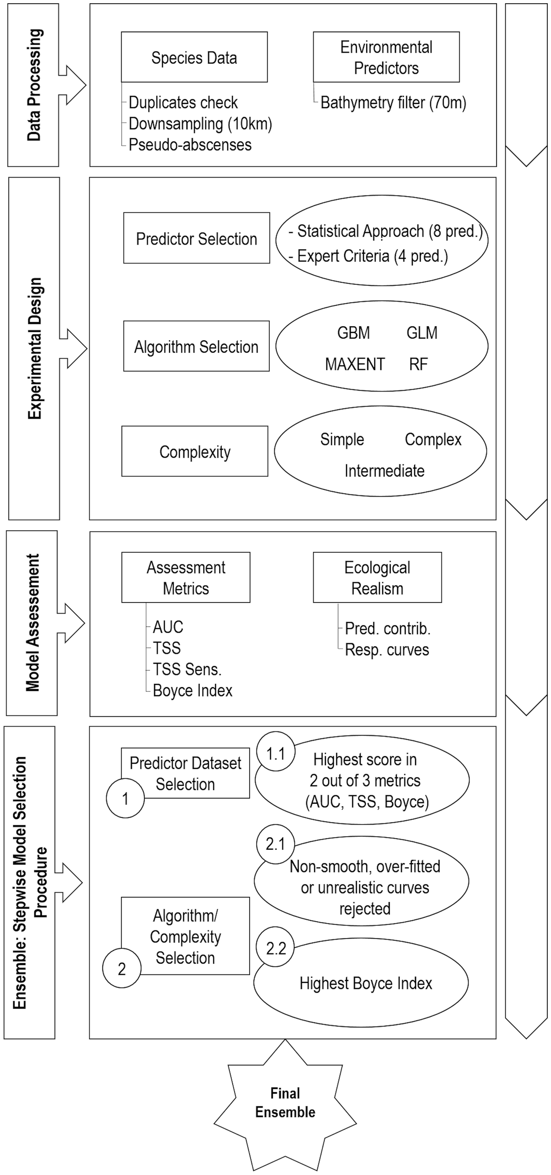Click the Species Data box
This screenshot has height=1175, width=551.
(194, 57)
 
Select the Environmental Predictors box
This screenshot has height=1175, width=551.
(386, 57)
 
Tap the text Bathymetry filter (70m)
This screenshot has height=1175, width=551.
(393, 102)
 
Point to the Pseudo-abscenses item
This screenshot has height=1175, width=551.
(190, 145)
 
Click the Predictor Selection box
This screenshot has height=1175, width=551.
(197, 238)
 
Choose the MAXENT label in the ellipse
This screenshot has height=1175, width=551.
(355, 364)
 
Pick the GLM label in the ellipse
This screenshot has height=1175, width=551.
(422, 333)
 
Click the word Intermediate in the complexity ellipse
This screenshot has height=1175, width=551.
(384, 470)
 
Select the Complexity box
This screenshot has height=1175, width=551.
(195, 452)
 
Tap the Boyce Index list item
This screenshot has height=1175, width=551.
(192, 690)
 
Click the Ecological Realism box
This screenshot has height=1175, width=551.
(377, 578)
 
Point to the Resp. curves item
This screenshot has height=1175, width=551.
(387, 650)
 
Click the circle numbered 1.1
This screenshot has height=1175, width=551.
(275, 754)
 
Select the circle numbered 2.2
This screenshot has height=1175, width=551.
(275, 948)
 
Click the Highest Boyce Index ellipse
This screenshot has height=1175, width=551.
(366, 983)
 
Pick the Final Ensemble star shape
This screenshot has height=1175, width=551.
(285, 1104)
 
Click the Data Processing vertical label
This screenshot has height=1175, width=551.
(33, 85)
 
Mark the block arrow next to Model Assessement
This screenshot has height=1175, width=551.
(71, 623)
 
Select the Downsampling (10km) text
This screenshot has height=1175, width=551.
(200, 124)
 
